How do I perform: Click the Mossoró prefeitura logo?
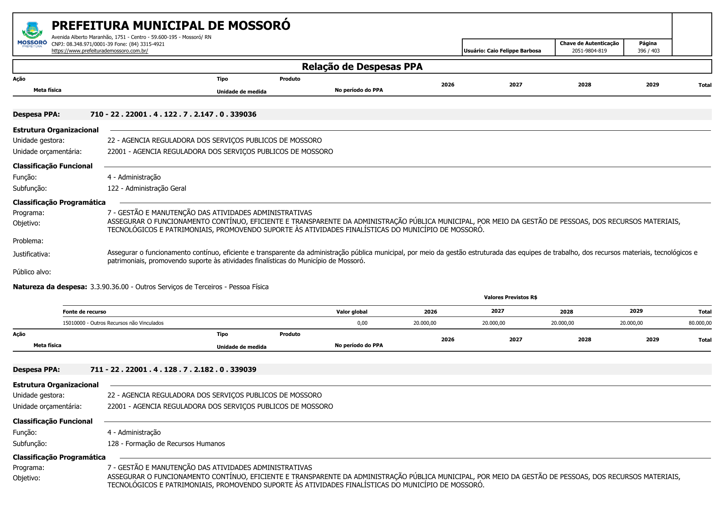point(32,35)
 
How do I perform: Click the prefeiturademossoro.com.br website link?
point(100,51)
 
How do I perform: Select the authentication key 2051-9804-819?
point(589,51)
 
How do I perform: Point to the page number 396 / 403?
point(648,51)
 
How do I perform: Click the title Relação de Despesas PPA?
point(362,67)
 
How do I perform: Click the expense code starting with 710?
point(173,114)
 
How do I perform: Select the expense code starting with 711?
point(173,369)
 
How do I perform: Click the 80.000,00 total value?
point(700,323)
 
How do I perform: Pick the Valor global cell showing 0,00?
point(362,323)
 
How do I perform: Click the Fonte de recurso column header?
point(84,312)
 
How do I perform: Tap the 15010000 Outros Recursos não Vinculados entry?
point(113,323)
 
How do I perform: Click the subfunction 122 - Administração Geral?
point(147,188)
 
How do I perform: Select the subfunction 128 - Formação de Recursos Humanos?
point(166,443)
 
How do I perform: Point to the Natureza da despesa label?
point(50,287)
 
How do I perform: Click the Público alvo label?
point(32,272)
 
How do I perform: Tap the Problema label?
point(28,241)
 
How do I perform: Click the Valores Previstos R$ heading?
point(510,297)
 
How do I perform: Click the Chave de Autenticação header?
point(589,43)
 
